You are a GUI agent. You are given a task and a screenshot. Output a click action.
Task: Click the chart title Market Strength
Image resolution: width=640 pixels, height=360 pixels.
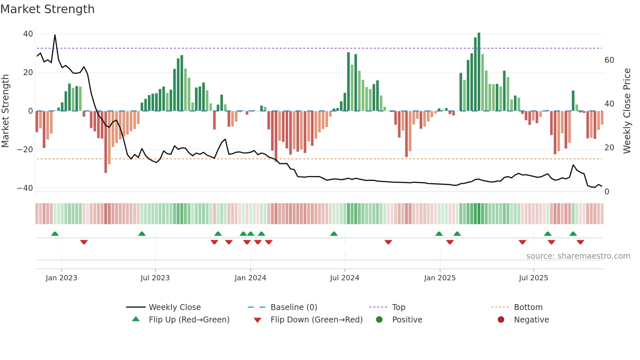(x=48, y=9)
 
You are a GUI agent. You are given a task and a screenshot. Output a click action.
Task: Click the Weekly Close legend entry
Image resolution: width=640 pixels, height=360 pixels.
(x=174, y=307)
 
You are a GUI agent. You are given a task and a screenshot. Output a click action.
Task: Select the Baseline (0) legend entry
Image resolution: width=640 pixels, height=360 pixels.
(x=294, y=307)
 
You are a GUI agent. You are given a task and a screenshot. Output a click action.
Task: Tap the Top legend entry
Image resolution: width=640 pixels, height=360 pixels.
(x=398, y=307)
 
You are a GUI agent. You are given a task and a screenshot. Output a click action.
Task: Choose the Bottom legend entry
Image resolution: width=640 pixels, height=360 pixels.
(x=528, y=307)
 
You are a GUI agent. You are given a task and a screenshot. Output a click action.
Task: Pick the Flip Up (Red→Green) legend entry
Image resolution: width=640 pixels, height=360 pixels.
(x=189, y=320)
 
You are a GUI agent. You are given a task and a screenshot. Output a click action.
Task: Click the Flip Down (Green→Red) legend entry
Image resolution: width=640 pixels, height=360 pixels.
(x=316, y=320)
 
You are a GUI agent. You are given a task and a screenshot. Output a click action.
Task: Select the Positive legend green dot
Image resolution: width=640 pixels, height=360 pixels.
(x=379, y=320)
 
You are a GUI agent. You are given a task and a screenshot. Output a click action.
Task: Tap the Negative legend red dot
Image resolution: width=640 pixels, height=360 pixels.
(x=501, y=320)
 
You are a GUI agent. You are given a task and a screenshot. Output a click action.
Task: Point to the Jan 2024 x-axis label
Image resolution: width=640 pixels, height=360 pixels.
(x=250, y=278)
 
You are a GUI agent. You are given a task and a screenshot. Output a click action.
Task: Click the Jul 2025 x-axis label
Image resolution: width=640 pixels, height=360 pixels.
(x=533, y=278)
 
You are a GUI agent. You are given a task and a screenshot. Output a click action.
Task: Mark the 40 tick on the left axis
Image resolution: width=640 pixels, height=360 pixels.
(x=28, y=34)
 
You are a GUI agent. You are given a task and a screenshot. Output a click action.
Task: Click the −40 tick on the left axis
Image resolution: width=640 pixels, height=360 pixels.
(x=25, y=188)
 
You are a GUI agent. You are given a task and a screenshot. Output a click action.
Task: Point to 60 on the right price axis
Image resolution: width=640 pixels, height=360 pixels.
(x=609, y=60)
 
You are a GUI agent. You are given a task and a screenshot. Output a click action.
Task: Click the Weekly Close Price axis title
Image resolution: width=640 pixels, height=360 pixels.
(x=627, y=111)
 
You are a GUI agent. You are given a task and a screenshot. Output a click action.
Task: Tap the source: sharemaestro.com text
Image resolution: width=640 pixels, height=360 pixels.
(x=578, y=256)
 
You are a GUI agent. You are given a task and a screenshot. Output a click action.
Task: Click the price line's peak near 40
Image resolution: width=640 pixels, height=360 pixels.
(x=55, y=35)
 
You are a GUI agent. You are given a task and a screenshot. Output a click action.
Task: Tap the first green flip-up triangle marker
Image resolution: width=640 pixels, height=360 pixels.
(x=55, y=234)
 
